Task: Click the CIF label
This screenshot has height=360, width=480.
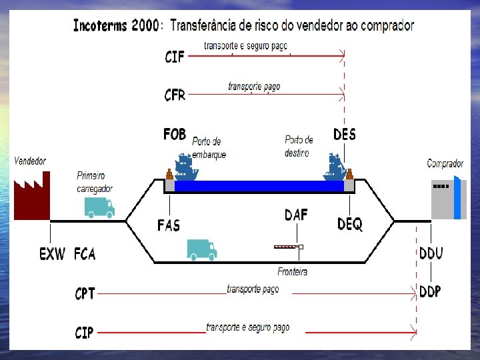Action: point(175,57)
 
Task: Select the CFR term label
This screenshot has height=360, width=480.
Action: point(175,95)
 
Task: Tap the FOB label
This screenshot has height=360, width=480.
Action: point(175,135)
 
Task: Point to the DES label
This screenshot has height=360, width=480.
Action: point(345,135)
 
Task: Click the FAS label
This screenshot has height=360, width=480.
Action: point(169,225)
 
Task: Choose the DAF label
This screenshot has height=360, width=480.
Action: point(296,215)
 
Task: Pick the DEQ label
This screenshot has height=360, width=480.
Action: point(350,225)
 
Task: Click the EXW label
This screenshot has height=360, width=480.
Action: point(53,254)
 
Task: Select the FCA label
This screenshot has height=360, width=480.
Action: point(85,254)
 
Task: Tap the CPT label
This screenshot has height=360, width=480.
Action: point(85,293)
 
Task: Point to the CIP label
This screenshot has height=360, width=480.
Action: point(84,332)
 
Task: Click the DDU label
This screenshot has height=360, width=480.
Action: point(431,253)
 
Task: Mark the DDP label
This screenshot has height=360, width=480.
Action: point(430,292)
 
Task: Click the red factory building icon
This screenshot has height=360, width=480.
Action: point(32,196)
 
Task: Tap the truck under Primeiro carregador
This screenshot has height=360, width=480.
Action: point(99,208)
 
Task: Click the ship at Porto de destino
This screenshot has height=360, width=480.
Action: point(334,167)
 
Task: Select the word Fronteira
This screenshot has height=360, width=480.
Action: point(293,271)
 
